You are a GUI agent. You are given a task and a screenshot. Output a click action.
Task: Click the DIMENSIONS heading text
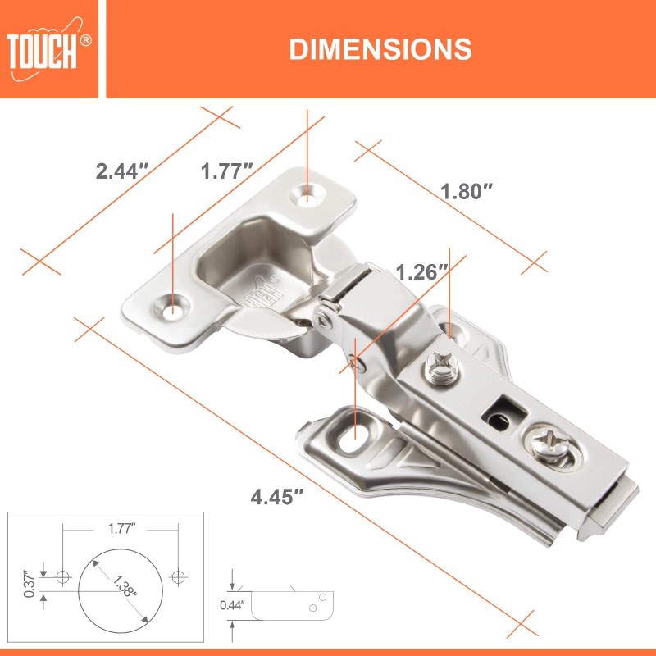(x=380, y=49)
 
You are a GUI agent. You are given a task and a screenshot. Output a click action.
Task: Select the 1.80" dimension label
(x=467, y=192)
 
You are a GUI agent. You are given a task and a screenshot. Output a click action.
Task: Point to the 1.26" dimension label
(x=421, y=271)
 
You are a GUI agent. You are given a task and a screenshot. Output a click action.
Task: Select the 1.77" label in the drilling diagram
(x=121, y=529)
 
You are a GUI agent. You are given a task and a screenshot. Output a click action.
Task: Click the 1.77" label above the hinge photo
(x=226, y=171)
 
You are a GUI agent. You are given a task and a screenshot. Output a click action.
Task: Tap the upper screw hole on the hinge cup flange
(x=308, y=194)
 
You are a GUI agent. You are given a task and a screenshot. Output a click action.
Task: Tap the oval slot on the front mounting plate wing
(x=356, y=434)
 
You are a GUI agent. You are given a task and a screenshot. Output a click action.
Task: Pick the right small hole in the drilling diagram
(x=178, y=577)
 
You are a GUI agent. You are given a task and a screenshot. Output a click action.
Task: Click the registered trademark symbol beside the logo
(x=85, y=39)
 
